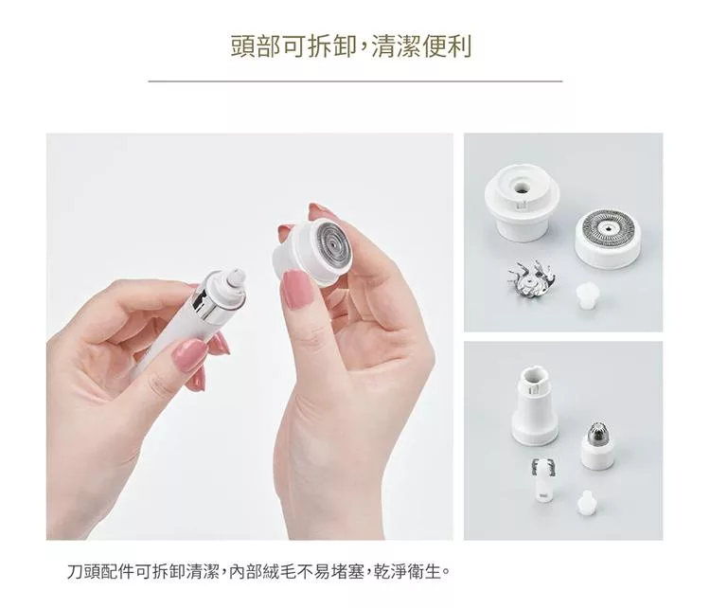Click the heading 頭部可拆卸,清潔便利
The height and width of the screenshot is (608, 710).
351,46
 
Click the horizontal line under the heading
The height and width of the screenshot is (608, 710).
355,81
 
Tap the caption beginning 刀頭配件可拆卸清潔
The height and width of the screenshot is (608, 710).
259,571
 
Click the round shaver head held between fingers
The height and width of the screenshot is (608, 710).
311,252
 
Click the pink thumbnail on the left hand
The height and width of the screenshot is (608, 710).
188,355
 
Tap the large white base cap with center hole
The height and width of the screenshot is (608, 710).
522,202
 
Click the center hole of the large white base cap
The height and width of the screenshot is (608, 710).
523,187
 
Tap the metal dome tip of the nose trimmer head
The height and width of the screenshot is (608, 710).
598,432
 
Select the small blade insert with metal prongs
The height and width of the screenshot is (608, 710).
543,479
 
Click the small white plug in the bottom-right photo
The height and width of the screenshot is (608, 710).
587,503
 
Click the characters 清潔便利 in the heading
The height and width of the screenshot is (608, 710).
422,46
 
